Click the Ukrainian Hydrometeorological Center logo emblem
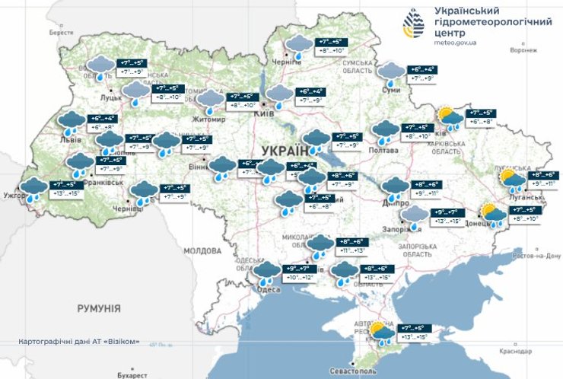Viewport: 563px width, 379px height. pos(415,24)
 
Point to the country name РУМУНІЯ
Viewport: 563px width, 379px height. pos(98,308)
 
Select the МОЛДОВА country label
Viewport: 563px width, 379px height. pos(202,250)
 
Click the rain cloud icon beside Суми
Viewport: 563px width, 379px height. pos(392,72)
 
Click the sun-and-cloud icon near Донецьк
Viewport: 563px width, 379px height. pos(491,215)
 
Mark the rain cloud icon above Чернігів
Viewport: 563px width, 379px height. pos(297,46)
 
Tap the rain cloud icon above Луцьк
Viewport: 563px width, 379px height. pos(99,66)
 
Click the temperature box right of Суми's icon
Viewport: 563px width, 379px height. pos(425,73)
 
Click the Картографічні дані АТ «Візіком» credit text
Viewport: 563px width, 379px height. pos(78,342)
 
